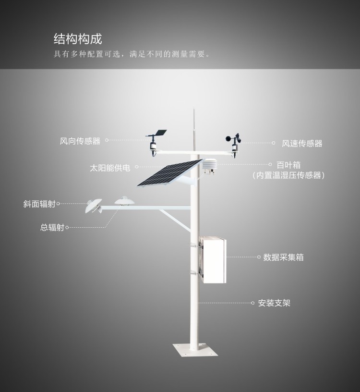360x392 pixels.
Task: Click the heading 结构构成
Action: click(x=78, y=39)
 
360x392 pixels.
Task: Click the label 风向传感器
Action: click(x=80, y=141)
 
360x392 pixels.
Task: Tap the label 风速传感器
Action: click(x=302, y=143)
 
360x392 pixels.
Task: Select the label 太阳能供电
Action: click(x=110, y=168)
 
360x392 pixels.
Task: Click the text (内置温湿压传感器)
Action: click(x=288, y=176)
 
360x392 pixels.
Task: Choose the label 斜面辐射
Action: click(x=40, y=204)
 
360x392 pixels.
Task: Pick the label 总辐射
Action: click(x=52, y=228)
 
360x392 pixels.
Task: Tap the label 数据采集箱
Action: click(x=283, y=257)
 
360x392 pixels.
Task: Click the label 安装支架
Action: click(x=274, y=303)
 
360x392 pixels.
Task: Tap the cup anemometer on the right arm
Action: click(x=234, y=142)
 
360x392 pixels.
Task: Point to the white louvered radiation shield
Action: click(x=209, y=166)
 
